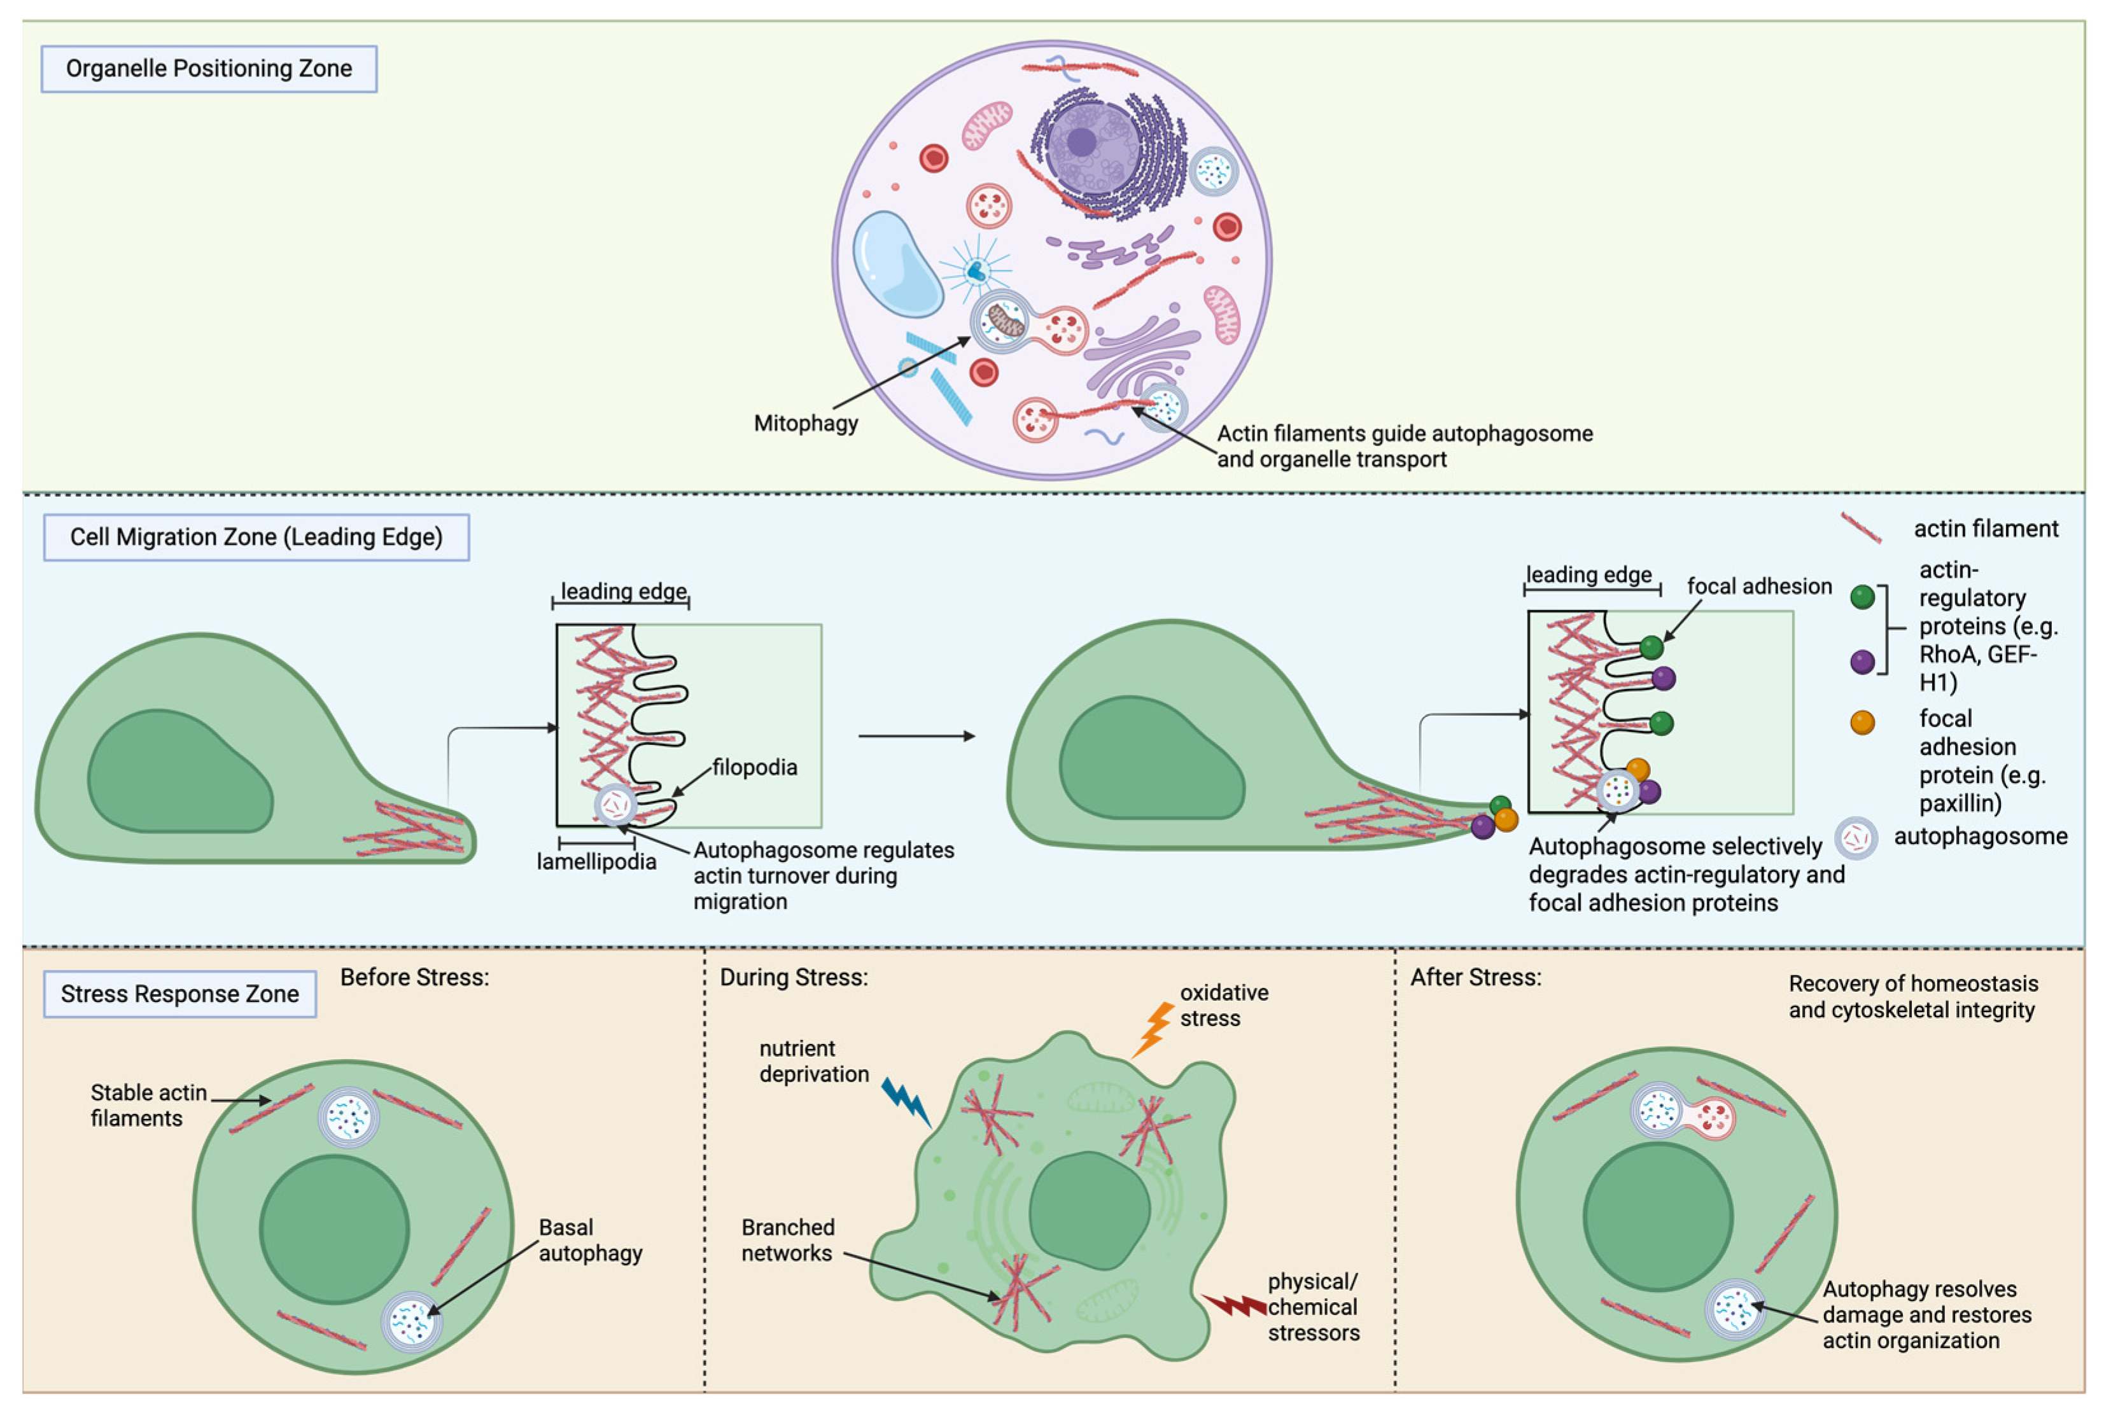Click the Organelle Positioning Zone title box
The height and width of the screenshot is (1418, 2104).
point(209,69)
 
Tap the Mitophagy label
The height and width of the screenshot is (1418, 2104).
point(805,423)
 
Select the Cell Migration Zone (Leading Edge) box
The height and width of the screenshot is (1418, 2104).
point(256,537)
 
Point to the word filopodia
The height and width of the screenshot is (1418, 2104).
point(754,768)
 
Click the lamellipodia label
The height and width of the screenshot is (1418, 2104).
point(596,862)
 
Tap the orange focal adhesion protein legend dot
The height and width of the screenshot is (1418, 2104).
point(1862,723)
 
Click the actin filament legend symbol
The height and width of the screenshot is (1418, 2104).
point(1861,528)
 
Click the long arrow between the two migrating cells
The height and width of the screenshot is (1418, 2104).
point(915,736)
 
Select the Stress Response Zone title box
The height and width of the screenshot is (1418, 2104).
point(180,994)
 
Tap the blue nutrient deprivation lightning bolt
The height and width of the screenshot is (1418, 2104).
point(906,1101)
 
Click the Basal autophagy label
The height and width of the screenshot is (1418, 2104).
point(590,1240)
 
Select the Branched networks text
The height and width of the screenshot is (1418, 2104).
point(787,1240)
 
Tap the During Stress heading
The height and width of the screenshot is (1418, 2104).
point(794,978)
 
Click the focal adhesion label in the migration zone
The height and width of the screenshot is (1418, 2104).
point(1758,587)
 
